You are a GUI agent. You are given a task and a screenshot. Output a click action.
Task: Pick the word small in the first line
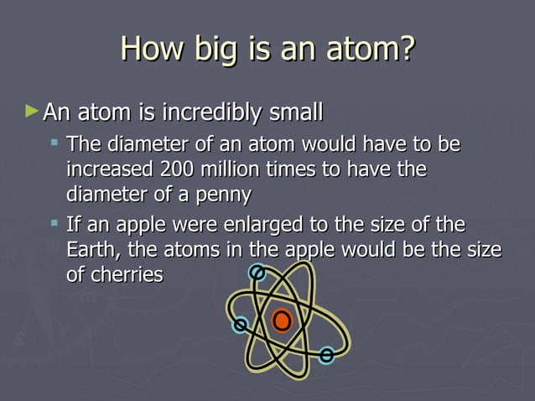click(293, 112)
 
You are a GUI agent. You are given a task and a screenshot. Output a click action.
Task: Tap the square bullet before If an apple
click(55, 225)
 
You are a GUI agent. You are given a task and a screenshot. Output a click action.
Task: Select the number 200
click(177, 169)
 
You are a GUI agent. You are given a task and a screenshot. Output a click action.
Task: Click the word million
click(230, 169)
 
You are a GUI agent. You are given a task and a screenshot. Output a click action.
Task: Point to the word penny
click(222, 195)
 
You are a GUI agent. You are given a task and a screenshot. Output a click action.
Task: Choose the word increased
click(109, 169)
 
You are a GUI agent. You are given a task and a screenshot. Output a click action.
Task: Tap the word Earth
click(90, 250)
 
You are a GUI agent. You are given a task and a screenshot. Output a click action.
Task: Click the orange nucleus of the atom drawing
click(282, 320)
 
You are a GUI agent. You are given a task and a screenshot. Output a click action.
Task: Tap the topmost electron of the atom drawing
click(258, 273)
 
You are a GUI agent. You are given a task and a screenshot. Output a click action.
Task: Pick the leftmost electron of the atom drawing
click(241, 324)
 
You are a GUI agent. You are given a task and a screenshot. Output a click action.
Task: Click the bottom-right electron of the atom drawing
click(326, 355)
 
